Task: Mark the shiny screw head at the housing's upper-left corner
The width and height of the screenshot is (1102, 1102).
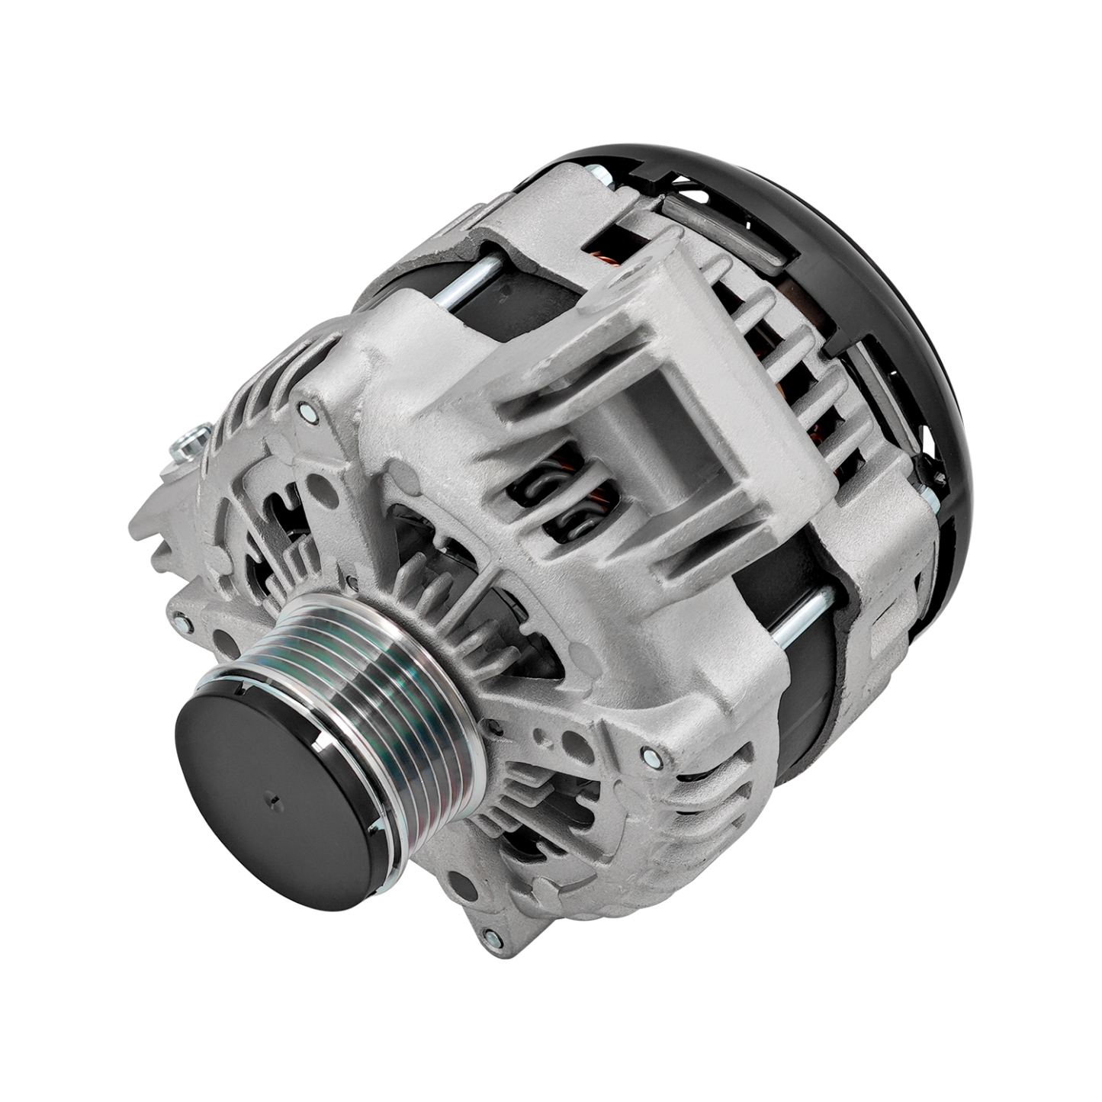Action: (305, 413)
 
